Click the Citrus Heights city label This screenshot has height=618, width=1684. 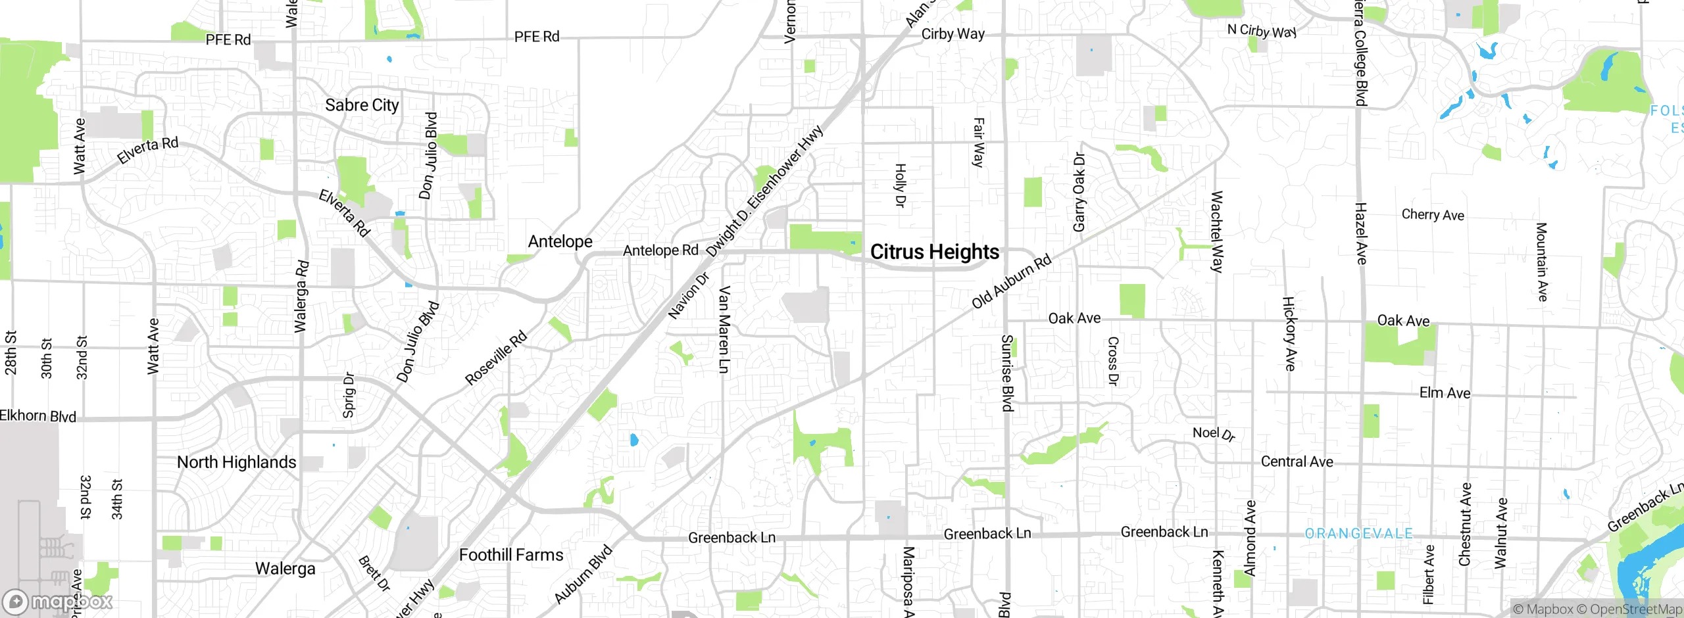click(x=934, y=252)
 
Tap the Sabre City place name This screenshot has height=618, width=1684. click(x=362, y=105)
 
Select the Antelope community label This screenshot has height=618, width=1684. click(x=560, y=241)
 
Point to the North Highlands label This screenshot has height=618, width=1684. click(x=237, y=462)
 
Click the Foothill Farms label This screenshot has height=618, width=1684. click(x=511, y=555)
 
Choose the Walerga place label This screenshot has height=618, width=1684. click(x=285, y=568)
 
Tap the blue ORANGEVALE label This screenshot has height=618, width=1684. click(x=1358, y=533)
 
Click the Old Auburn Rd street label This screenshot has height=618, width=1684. click(x=1012, y=281)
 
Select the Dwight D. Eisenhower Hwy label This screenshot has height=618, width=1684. click(x=764, y=191)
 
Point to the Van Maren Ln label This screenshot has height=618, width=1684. click(x=724, y=329)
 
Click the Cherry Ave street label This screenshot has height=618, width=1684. click(x=1433, y=214)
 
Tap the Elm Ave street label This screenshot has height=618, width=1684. click(x=1445, y=392)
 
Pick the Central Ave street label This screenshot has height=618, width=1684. click(x=1297, y=462)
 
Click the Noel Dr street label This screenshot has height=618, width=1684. click(x=1214, y=433)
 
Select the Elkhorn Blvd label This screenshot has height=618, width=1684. click(x=38, y=416)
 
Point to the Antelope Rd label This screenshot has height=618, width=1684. click(x=660, y=250)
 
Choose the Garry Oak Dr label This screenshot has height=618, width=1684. click(x=1079, y=192)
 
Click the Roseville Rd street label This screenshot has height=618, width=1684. click(x=496, y=358)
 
